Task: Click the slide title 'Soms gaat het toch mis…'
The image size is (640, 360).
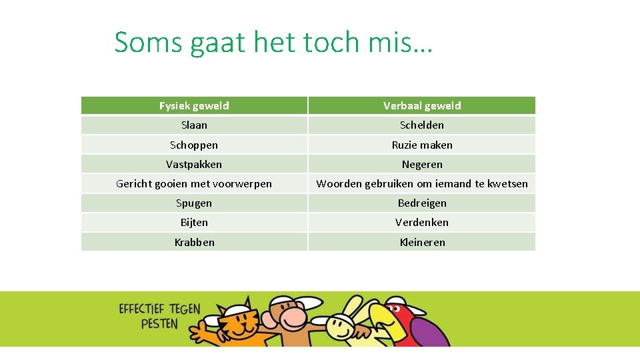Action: click(x=273, y=43)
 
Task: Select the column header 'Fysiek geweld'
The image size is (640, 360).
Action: click(x=194, y=105)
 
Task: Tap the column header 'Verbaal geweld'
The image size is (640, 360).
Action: click(x=422, y=105)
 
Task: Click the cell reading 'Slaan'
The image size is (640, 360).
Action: click(x=194, y=125)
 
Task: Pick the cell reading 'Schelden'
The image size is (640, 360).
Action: click(x=422, y=125)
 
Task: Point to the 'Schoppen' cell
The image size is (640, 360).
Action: click(x=194, y=145)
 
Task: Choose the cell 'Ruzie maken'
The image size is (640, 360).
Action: click(x=422, y=145)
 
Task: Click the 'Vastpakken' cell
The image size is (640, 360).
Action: click(x=194, y=164)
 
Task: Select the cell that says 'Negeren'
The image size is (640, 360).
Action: click(x=422, y=164)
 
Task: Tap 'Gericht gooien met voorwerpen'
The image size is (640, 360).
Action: click(x=194, y=183)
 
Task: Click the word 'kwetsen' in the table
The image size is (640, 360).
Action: click(x=509, y=183)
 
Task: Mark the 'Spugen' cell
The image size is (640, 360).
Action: click(x=194, y=203)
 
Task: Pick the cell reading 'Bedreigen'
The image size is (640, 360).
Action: click(x=422, y=203)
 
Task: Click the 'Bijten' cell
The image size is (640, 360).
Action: click(x=194, y=222)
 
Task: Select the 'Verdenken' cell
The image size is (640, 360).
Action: click(x=422, y=222)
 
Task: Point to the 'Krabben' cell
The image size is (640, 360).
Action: click(x=194, y=242)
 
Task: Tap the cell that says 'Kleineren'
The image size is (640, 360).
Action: click(x=422, y=242)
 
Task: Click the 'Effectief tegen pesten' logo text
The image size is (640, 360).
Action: click(x=159, y=316)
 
